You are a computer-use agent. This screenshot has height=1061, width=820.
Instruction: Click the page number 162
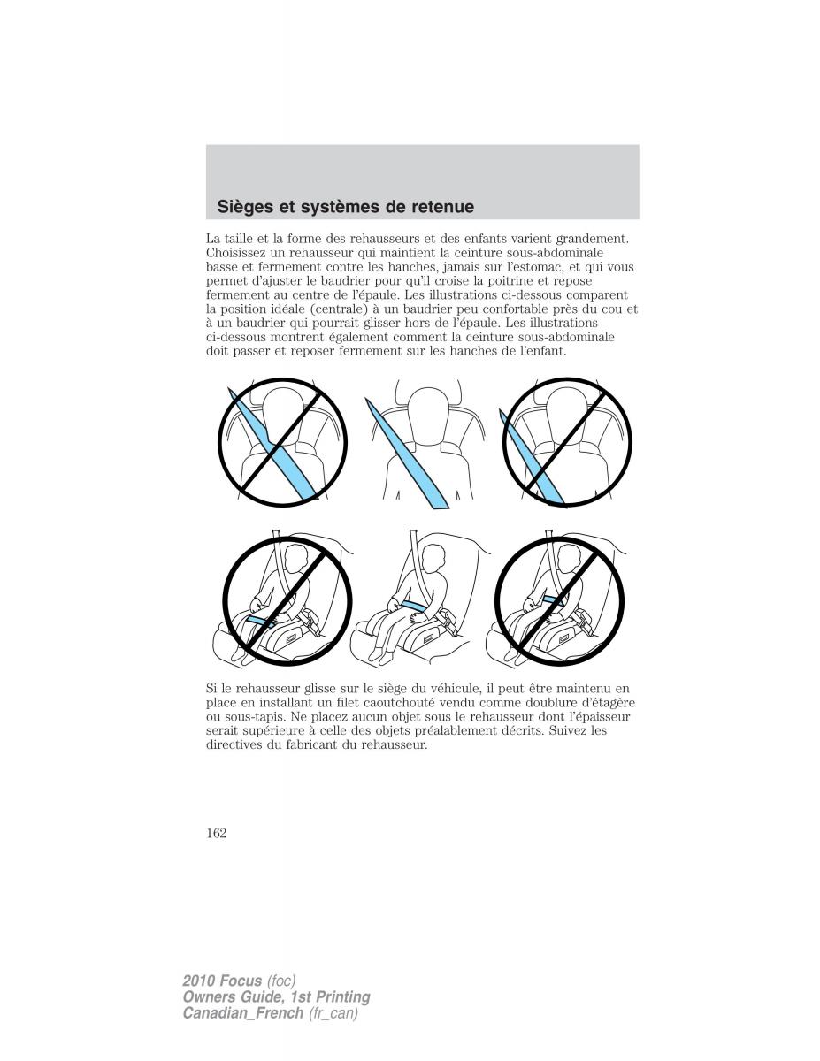217,833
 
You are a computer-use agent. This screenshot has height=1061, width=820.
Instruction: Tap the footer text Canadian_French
242,1013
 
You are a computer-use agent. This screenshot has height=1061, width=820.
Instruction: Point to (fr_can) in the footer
333,1013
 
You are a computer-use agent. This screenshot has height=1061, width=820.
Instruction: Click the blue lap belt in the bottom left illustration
262,621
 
